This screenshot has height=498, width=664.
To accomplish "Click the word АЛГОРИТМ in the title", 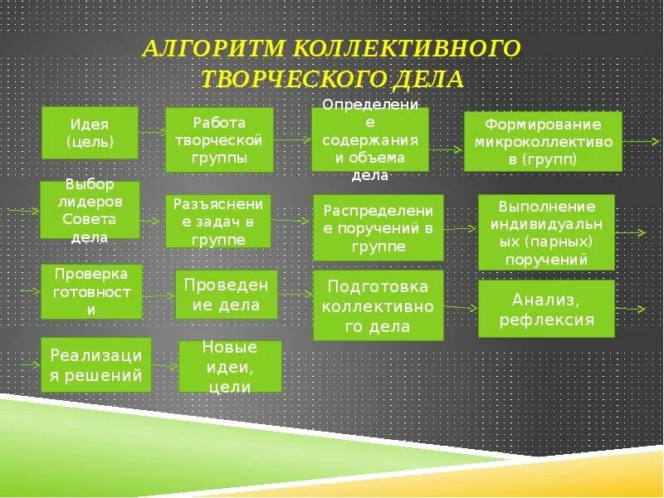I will pyautogui.click(x=212, y=48).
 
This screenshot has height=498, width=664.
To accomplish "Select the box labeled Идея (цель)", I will pyautogui.click(x=90, y=132).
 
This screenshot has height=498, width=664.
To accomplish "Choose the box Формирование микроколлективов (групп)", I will pyautogui.click(x=543, y=141).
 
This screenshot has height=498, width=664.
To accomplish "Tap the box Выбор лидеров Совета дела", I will pyautogui.click(x=90, y=210).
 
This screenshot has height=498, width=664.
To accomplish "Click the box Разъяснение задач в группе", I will pyautogui.click(x=218, y=221).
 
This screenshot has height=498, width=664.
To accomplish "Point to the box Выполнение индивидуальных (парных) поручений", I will pyautogui.click(x=546, y=232).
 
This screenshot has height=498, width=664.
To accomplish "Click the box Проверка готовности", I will pyautogui.click(x=91, y=291).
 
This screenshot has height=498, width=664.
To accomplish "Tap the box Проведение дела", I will pyautogui.click(x=227, y=295).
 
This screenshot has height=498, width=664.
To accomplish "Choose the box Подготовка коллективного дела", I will pyautogui.click(x=378, y=305).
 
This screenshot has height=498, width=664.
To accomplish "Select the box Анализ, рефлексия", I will pyautogui.click(x=546, y=308).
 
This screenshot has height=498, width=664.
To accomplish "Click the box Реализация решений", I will pyautogui.click(x=96, y=365).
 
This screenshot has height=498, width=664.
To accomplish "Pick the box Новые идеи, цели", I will pyautogui.click(x=230, y=366).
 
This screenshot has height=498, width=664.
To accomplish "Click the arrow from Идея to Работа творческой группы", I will pyautogui.click(x=151, y=132).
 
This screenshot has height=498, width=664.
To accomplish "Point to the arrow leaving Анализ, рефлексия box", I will pyautogui.click(x=631, y=310).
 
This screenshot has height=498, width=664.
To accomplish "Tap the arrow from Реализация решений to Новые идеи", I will pyautogui.click(x=165, y=366).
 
